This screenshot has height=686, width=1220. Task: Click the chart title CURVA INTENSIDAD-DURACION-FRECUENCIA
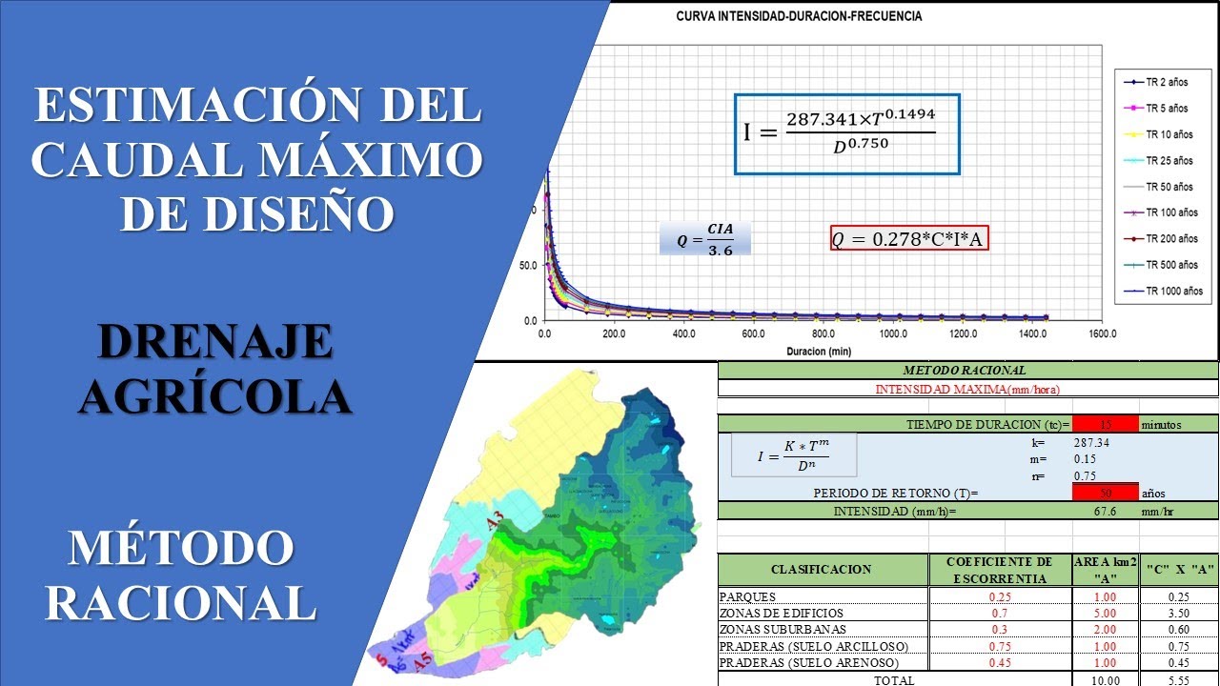tap(798, 16)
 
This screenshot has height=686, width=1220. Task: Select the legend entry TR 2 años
tap(1165, 83)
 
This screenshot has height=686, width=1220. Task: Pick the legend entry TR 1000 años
tap(1171, 291)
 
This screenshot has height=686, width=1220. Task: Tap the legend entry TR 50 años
tap(1169, 187)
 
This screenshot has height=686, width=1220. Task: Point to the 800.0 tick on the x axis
tap(823, 334)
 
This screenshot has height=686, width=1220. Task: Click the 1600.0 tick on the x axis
tap(1102, 334)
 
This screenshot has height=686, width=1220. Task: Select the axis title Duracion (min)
tap(819, 352)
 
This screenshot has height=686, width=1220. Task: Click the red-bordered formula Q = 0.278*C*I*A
tap(908, 239)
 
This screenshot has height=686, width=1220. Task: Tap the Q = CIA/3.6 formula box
tap(705, 240)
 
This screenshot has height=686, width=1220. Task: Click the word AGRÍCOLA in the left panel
tap(215, 395)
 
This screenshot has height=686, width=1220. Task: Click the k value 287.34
tap(1091, 442)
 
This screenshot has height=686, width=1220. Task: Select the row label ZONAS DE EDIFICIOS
tap(781, 613)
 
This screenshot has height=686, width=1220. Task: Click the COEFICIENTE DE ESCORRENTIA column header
tap(1000, 569)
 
